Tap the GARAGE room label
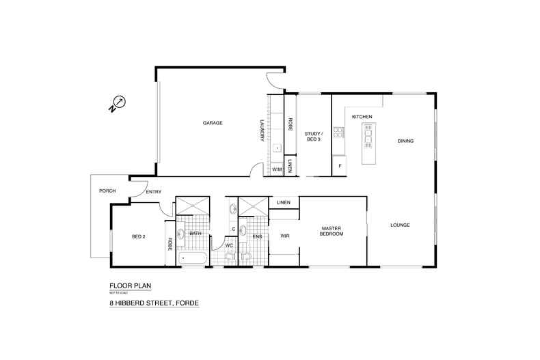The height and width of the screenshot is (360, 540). (x=213, y=123)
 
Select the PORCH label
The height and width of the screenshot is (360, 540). (x=107, y=191)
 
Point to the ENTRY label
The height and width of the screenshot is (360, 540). (x=154, y=192)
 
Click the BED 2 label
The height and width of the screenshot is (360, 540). (x=139, y=236)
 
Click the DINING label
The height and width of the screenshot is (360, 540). (x=406, y=141)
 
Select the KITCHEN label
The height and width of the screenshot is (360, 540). (x=362, y=117)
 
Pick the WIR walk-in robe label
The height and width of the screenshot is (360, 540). (x=285, y=236)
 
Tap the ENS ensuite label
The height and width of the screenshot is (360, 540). (x=257, y=236)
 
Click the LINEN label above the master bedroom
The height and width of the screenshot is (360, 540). (x=284, y=203)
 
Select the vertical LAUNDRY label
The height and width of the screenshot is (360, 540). (x=262, y=130)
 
